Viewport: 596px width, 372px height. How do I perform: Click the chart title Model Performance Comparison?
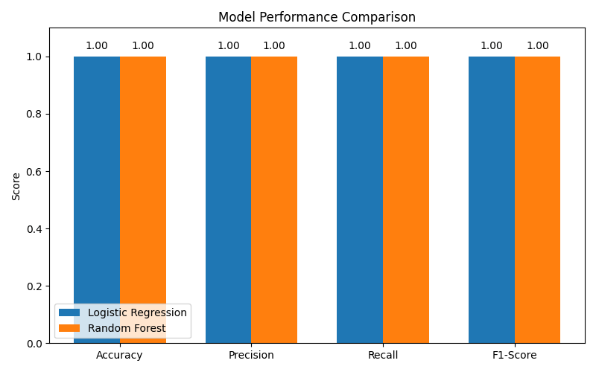(317, 17)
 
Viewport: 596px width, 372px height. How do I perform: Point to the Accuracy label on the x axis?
(119, 356)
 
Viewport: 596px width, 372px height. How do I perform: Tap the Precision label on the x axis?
(251, 356)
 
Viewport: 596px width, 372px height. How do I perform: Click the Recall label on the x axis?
(383, 356)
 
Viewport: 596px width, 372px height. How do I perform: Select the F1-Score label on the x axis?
(514, 356)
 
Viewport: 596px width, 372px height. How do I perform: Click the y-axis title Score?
(16, 186)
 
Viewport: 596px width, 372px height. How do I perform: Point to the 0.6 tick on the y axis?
(35, 171)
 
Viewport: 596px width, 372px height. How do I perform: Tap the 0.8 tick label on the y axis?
(35, 114)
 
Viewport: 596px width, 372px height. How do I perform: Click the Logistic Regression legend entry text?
(137, 312)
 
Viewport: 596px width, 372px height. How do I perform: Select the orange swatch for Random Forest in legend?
(69, 328)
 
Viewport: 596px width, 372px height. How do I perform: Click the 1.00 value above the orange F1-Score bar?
(537, 46)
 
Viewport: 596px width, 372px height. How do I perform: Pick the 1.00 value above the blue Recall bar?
(360, 46)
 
